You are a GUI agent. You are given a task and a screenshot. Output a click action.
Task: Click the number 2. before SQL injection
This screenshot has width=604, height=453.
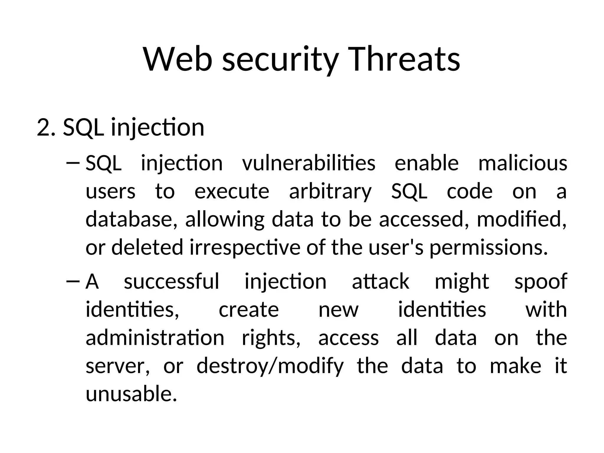click(x=46, y=127)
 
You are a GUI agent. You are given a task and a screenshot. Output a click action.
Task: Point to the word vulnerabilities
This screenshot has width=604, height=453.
click(x=308, y=163)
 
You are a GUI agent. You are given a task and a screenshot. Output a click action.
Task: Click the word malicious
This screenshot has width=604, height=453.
click(x=522, y=163)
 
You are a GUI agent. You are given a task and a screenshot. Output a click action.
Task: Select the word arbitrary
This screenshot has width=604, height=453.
click(x=330, y=192)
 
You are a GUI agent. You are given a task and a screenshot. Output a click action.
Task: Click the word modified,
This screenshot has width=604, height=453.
click(x=521, y=219)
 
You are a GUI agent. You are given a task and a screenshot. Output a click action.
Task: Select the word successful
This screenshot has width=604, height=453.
click(x=171, y=281)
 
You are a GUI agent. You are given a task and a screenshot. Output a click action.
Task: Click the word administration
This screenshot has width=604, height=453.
click(x=155, y=338)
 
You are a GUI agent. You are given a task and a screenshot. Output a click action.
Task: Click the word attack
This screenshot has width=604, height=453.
click(x=380, y=281)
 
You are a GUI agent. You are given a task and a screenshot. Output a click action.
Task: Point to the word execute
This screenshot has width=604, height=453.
click(x=232, y=192)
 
